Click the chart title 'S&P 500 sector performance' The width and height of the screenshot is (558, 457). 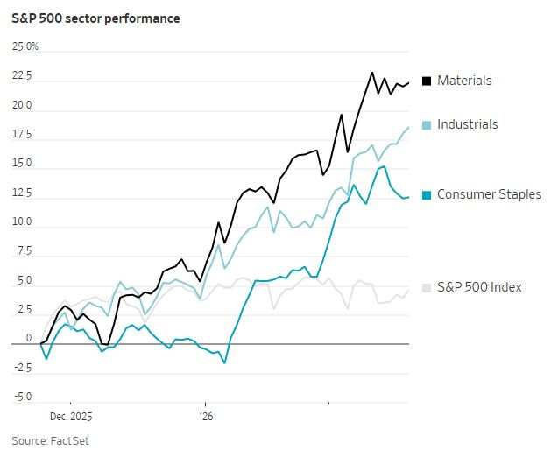pos(95,18)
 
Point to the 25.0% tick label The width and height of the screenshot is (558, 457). pos(25,46)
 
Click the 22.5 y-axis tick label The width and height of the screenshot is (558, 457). pos(21,76)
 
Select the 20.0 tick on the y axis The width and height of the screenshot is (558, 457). pos(21,106)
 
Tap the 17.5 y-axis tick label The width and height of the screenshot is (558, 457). pos(21,135)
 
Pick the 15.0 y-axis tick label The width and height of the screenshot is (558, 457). pos(21,164)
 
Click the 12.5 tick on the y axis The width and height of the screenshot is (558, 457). pos(21,193)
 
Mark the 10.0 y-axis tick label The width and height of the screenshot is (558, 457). pos(21,222)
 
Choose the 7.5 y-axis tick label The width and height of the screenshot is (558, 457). pos(24,252)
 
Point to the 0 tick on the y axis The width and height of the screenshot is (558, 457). pos(28,339)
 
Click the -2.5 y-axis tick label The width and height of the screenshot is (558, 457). pos(21,369)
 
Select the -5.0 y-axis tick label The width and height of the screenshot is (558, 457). pos(21,397)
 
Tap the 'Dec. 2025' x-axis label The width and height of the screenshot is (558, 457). pos(71,417)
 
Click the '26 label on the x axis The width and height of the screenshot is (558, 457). pos(206,417)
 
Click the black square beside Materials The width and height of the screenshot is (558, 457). pos(427,81)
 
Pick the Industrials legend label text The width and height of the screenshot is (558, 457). pos(467,124)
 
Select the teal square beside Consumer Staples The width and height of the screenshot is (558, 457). pos(427,195)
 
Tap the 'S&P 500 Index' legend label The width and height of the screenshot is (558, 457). pos(479,287)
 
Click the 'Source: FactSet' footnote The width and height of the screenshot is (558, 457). pos(50,440)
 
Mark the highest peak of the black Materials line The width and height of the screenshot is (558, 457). pos(372,73)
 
